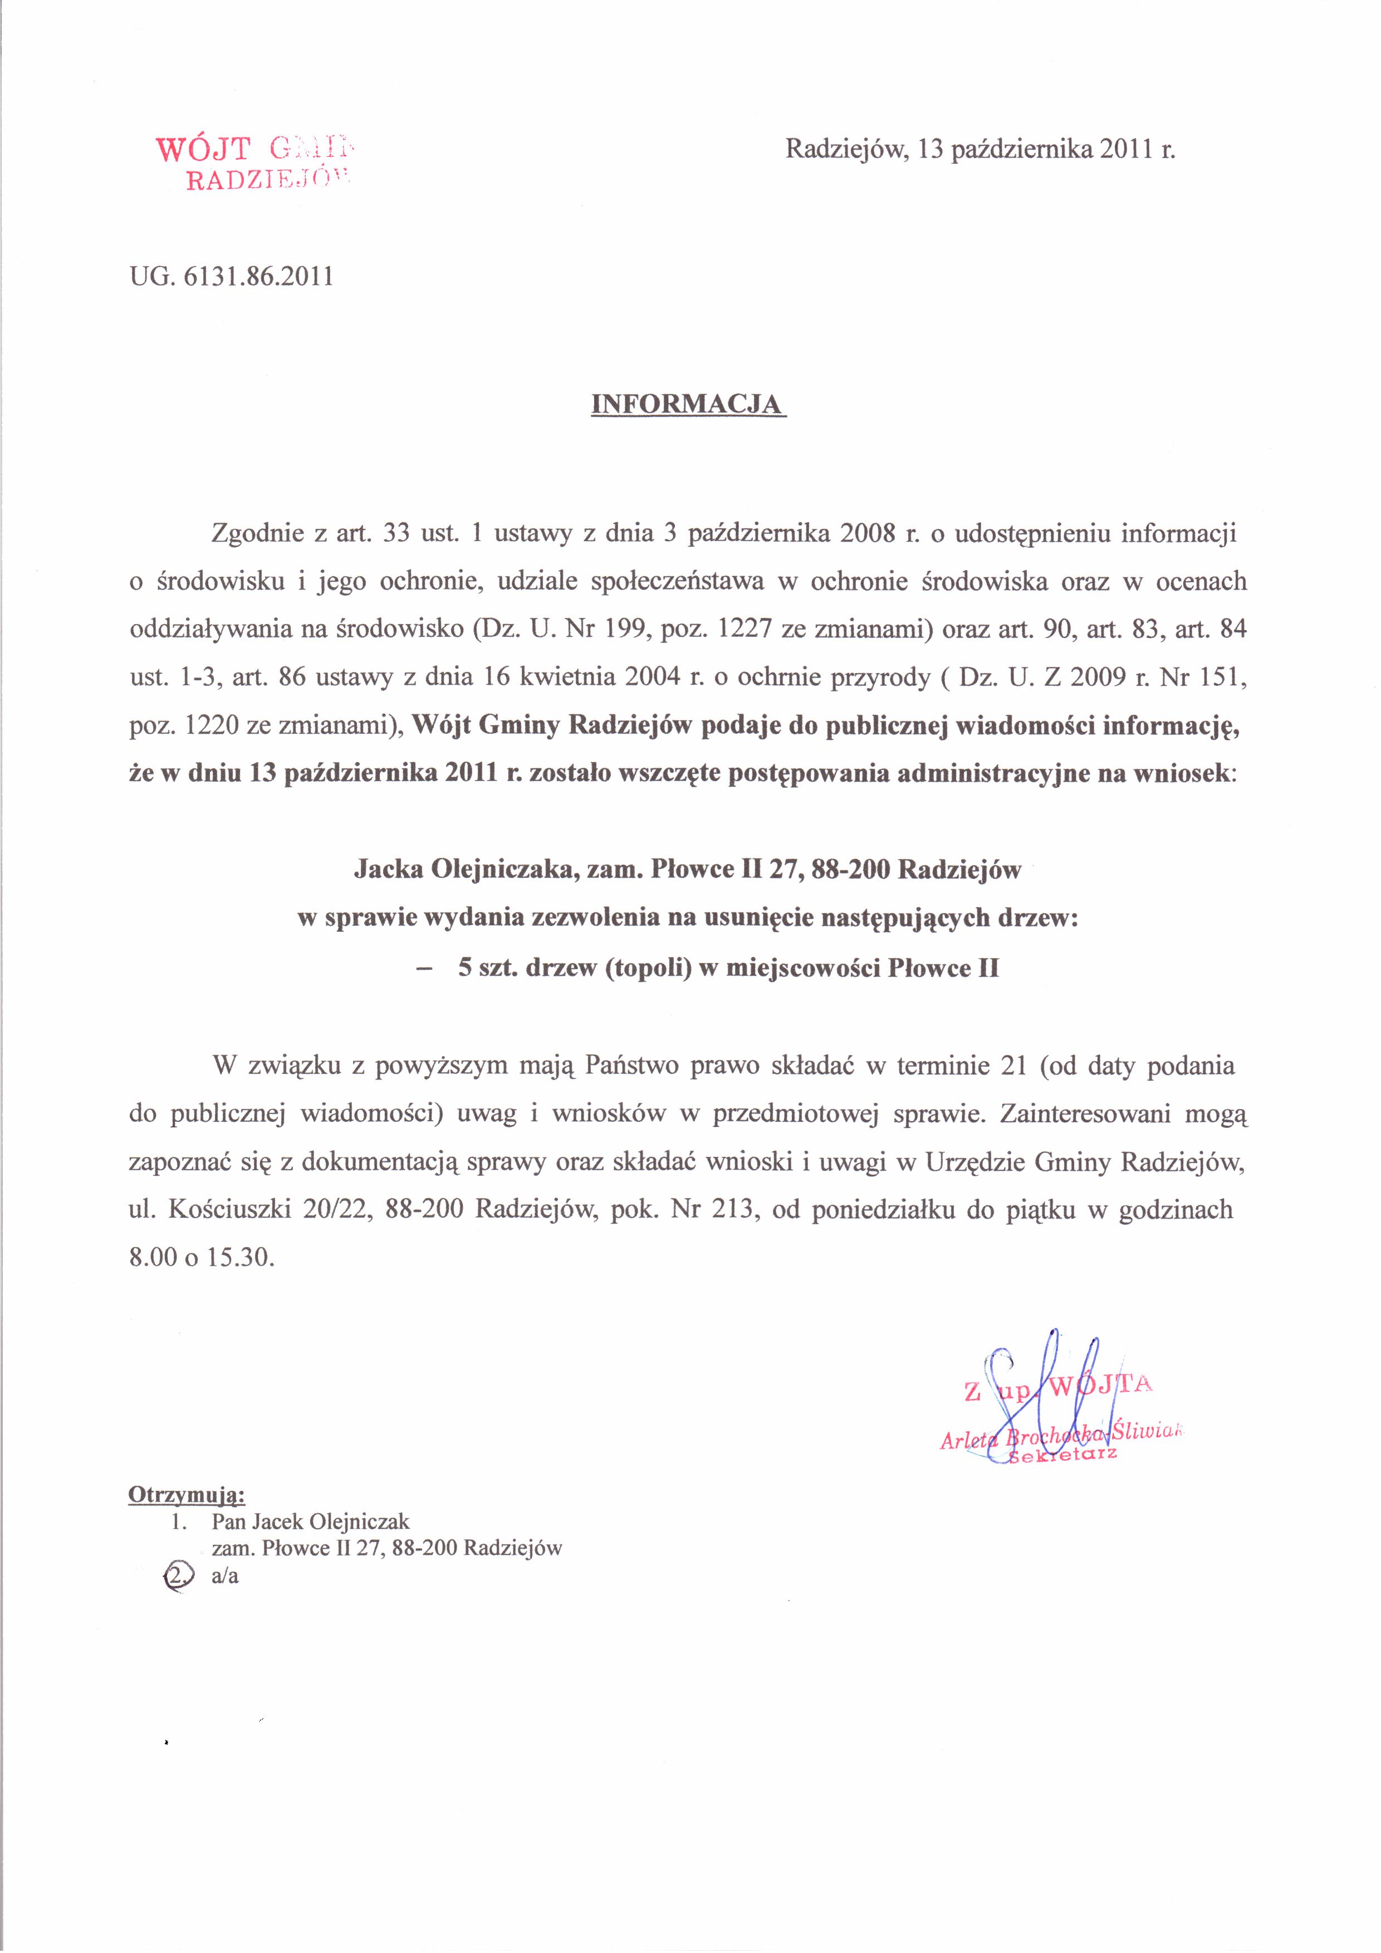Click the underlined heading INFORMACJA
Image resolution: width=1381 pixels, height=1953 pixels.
click(x=688, y=403)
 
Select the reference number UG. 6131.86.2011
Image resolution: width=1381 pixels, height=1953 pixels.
click(x=231, y=277)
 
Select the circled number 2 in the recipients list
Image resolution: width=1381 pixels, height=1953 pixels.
click(x=176, y=1576)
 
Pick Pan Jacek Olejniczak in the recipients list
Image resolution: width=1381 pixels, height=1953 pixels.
click(x=311, y=1522)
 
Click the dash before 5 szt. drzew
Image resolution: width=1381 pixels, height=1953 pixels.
click(x=423, y=968)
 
